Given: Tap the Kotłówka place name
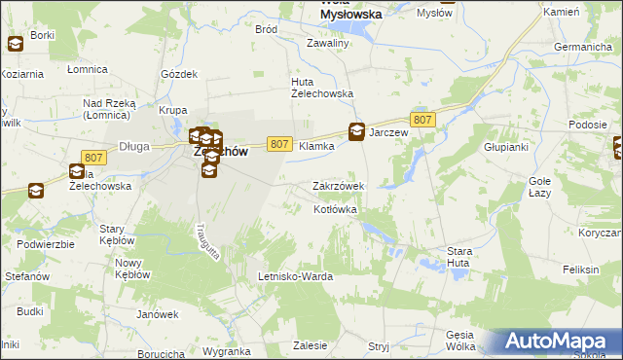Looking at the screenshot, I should tap(336, 209).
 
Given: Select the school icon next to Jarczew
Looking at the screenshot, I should tap(357, 132).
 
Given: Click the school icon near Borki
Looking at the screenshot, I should tap(16, 44).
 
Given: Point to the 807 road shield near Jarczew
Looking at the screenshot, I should tap(421, 119).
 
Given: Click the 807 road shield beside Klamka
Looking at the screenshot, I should tap(278, 144).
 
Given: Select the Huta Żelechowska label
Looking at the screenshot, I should tap(322, 87).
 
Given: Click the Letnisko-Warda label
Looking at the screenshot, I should tap(295, 276).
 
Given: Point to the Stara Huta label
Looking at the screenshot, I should tap(458, 257).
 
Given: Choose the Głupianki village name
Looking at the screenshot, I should tap(505, 147).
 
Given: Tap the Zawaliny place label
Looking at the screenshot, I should tap(328, 43).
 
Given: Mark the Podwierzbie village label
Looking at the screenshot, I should tap(46, 244).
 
